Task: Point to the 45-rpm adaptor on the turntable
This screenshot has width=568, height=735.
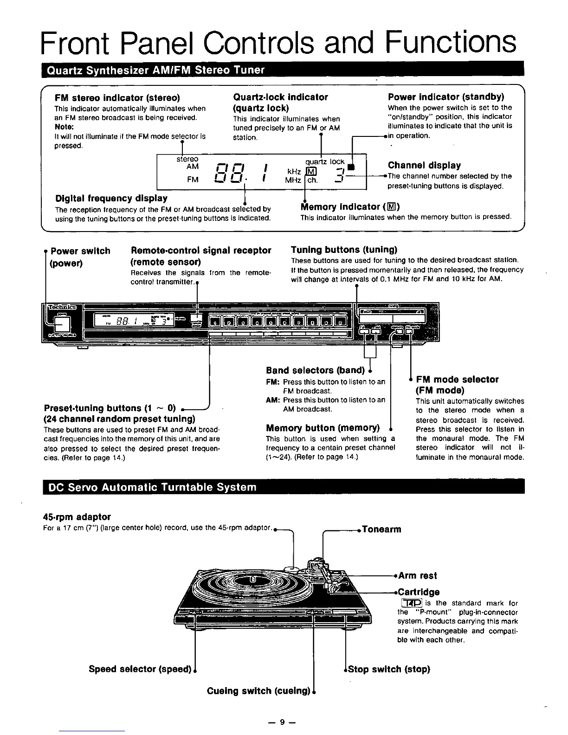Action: point(292,569)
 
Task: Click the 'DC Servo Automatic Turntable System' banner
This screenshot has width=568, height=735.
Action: point(149,487)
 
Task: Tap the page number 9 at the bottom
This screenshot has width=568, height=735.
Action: point(282,722)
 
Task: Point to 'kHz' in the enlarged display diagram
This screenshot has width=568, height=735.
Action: point(294,172)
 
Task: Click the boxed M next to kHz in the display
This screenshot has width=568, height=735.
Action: point(309,172)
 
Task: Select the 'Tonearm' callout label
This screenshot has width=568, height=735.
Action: point(381,529)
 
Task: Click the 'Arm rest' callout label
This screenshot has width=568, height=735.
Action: point(417,576)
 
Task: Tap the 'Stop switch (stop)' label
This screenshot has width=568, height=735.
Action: point(389,669)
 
